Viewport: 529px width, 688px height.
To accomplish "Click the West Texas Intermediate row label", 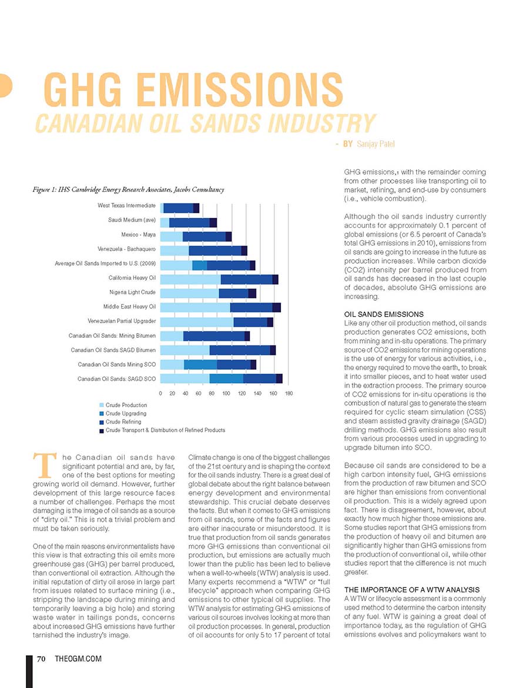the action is [126, 206].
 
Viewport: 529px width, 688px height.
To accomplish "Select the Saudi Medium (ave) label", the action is [132, 220].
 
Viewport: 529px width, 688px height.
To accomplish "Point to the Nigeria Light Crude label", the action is [133, 292].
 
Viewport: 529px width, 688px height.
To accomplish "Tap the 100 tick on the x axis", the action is [226, 394].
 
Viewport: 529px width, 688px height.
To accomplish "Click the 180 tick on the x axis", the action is [289, 394].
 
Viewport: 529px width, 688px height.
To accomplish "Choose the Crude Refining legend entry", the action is [120, 422].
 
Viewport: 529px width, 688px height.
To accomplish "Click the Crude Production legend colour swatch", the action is [102, 405].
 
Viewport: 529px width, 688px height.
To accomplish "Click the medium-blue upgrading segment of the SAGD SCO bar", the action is [226, 378].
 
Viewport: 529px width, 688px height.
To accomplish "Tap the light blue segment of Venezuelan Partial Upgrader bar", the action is [197, 322].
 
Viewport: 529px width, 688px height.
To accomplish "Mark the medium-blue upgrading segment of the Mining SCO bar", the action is [200, 364].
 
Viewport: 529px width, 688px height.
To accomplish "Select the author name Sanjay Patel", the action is [376, 144].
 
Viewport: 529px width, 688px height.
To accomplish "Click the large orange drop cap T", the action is [44, 465].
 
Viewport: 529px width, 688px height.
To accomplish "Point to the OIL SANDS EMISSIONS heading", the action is [384, 314].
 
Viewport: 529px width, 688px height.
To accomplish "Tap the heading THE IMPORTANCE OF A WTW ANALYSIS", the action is [412, 590].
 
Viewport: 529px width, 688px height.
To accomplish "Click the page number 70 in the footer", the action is [41, 659].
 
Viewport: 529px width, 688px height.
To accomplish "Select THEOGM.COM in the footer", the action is [78, 659].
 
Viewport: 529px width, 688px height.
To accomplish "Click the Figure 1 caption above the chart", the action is [128, 190].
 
